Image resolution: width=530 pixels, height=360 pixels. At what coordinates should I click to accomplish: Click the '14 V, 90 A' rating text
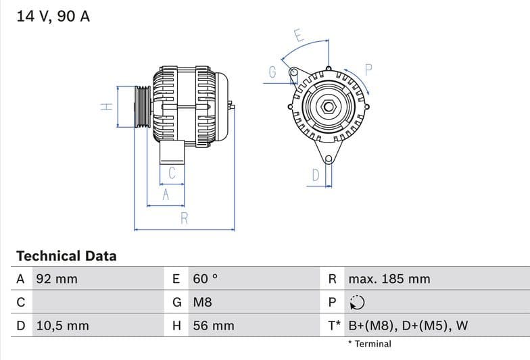point(53,17)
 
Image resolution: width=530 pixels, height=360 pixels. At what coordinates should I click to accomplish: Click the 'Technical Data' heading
point(66,256)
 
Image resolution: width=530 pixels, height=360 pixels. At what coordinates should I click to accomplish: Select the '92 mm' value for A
point(57,279)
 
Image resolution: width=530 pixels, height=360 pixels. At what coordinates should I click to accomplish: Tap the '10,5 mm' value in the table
point(62,326)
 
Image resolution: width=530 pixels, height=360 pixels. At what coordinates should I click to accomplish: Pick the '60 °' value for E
point(206,279)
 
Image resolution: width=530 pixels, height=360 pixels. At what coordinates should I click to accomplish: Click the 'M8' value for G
point(203,303)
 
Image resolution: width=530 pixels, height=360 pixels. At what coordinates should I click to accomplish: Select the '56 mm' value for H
point(214,326)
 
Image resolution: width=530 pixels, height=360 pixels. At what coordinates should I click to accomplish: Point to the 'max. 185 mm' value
point(389,279)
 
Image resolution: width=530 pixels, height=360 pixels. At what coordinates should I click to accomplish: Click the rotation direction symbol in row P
point(358,303)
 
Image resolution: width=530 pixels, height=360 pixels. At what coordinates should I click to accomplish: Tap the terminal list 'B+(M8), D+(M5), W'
point(408,326)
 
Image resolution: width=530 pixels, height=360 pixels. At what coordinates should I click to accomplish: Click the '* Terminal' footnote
point(370,344)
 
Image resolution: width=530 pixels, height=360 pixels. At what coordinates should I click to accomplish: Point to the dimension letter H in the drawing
point(106,107)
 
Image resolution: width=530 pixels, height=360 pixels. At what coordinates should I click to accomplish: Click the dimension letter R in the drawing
point(184,218)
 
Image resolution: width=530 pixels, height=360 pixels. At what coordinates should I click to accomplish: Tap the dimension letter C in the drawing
point(172,173)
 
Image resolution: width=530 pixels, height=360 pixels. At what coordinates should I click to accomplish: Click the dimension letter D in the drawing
point(315,176)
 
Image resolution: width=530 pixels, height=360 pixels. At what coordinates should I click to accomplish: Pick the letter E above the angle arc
point(298,35)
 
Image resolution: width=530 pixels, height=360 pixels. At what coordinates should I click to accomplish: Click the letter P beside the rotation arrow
point(368,69)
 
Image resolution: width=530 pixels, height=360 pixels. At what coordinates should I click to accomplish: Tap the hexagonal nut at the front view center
point(328,107)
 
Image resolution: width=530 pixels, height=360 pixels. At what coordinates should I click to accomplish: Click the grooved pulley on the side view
point(143,107)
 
